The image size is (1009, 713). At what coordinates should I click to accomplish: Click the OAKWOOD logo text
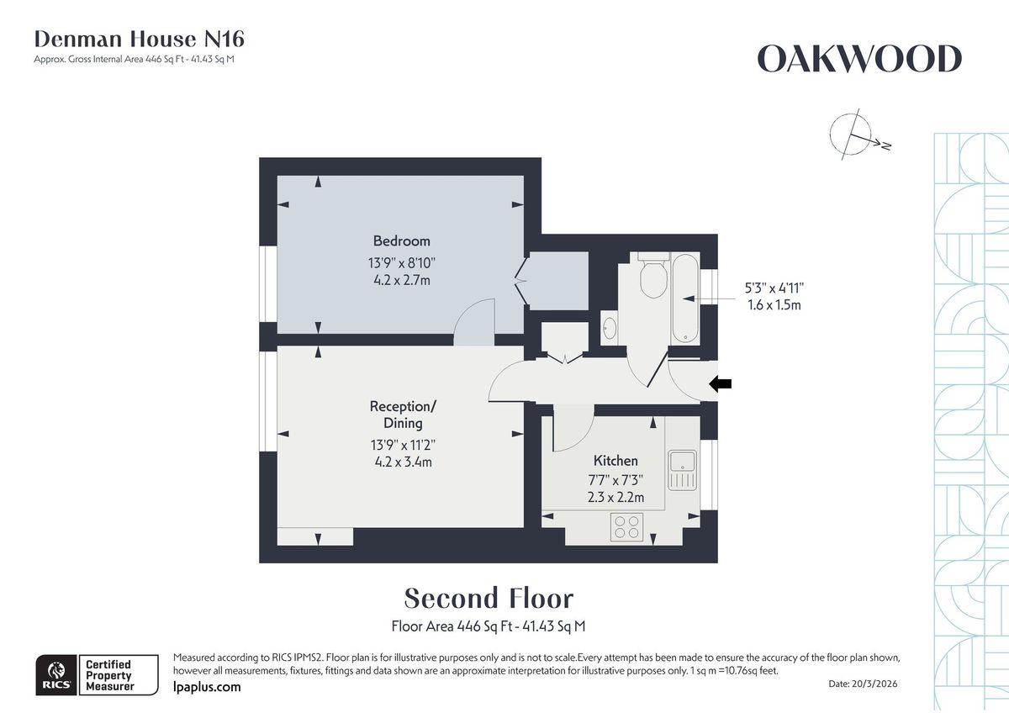click(859, 60)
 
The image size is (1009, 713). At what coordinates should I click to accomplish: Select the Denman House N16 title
click(139, 39)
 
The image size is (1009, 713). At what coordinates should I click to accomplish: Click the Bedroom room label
click(401, 241)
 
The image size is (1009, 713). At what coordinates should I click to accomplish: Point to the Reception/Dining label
click(403, 415)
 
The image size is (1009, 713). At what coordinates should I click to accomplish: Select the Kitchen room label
click(615, 461)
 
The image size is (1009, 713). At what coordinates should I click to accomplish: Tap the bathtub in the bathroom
click(685, 298)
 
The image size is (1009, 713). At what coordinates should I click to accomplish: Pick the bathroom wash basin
click(610, 327)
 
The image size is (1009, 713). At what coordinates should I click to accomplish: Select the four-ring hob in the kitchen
click(626, 526)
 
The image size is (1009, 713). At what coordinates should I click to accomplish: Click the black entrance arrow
click(721, 383)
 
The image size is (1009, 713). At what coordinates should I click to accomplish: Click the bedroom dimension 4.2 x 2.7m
click(401, 280)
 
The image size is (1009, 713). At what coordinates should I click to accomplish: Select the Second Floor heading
click(489, 599)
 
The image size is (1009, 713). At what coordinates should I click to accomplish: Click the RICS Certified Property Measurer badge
click(97, 674)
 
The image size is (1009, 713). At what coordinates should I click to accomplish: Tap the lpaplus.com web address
click(206, 687)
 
